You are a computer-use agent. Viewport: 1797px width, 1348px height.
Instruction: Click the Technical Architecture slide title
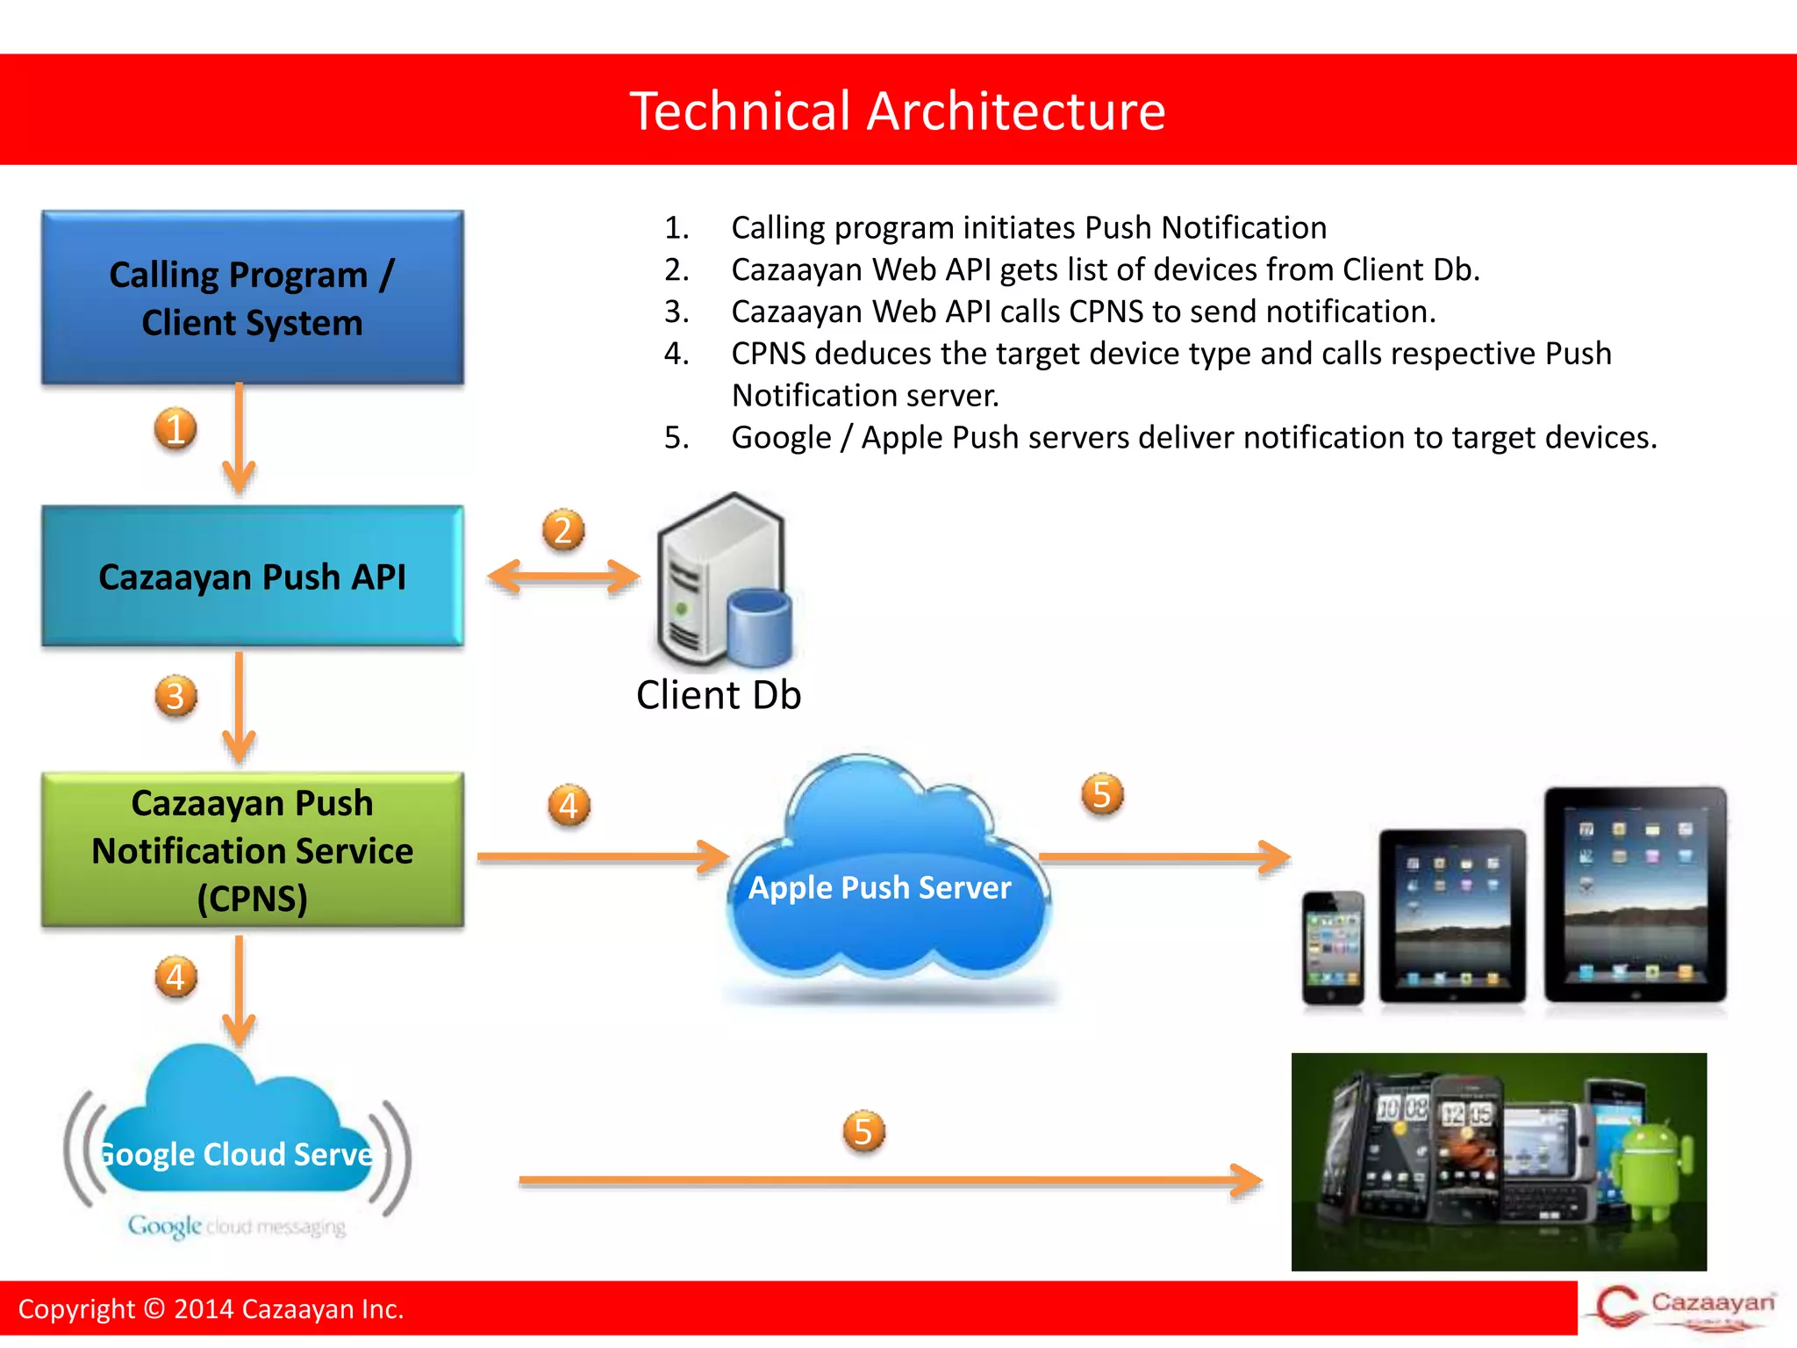(898, 111)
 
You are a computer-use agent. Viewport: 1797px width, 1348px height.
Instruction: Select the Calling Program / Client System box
(252, 298)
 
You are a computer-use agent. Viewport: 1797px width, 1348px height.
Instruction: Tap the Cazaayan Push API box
(252, 577)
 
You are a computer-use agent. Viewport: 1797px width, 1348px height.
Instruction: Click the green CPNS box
(252, 850)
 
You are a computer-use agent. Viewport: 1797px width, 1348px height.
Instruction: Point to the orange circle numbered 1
(175, 429)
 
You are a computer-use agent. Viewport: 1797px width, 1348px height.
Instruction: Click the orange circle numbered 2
(563, 530)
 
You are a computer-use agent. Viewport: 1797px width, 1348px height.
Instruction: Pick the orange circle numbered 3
(175, 697)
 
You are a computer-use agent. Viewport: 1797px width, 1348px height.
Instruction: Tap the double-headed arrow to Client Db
(563, 577)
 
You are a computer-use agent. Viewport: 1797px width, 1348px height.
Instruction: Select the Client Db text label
(719, 695)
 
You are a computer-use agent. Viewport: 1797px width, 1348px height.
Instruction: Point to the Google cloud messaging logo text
(237, 1226)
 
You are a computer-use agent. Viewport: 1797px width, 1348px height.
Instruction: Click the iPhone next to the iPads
(1333, 948)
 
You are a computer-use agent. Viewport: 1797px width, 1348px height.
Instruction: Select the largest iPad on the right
(1635, 895)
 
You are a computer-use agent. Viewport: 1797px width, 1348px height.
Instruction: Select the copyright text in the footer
(211, 1309)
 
